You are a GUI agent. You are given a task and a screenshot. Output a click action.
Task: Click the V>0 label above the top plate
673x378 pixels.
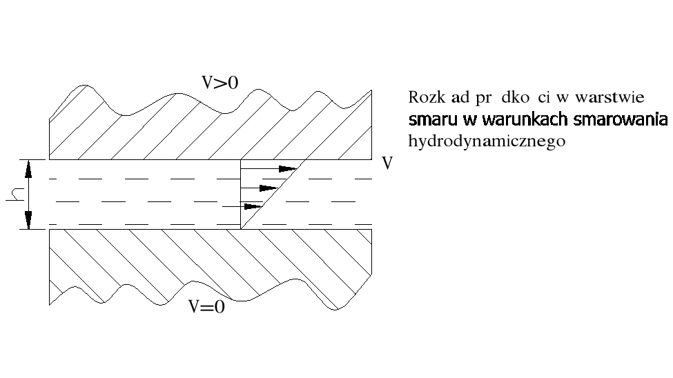[x=220, y=83]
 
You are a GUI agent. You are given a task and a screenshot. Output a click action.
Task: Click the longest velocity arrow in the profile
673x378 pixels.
[x=269, y=168]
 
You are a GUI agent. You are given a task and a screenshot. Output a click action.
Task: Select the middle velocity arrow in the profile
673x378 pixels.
[x=259, y=188]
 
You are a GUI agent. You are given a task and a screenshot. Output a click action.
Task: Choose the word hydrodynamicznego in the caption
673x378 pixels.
[x=487, y=141]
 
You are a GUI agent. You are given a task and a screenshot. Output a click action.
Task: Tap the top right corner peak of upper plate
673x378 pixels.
[x=372, y=90]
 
